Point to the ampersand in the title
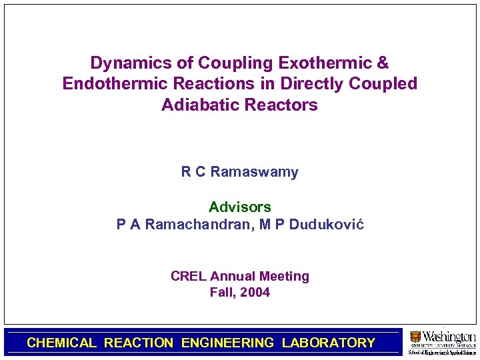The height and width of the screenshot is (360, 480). pyautogui.click(x=383, y=63)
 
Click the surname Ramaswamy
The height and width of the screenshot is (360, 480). pyautogui.click(x=254, y=172)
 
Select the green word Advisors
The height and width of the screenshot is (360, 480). pyautogui.click(x=240, y=207)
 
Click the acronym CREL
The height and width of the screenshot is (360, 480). pyautogui.click(x=189, y=276)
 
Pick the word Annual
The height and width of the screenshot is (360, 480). pyautogui.click(x=232, y=276)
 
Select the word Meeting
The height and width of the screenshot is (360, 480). pyautogui.click(x=284, y=276)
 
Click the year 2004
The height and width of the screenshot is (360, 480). pyautogui.click(x=255, y=293)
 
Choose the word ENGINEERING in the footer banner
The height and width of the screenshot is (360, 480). pyautogui.click(x=227, y=343)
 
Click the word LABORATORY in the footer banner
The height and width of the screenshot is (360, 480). pyautogui.click(x=329, y=343)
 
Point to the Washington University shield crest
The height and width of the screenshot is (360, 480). pyautogui.click(x=415, y=337)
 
